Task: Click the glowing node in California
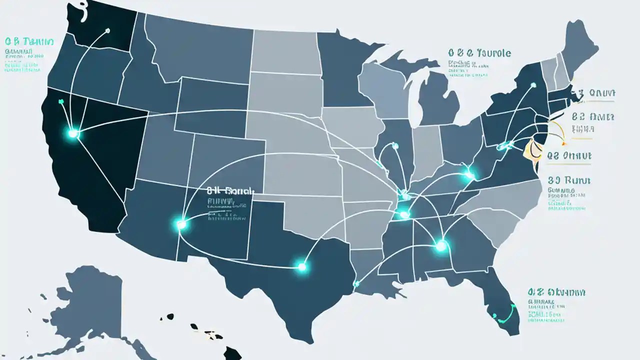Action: (x=73, y=133)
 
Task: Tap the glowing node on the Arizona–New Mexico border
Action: (x=181, y=225)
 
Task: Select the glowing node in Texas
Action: (x=301, y=267)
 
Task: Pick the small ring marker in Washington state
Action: (x=107, y=30)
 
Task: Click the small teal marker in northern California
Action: (x=61, y=101)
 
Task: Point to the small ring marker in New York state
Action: (x=533, y=85)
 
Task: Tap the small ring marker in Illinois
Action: (x=395, y=146)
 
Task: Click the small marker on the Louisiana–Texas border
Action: (x=355, y=283)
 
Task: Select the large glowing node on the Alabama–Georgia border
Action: (x=441, y=245)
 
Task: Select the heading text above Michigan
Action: (x=479, y=52)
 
